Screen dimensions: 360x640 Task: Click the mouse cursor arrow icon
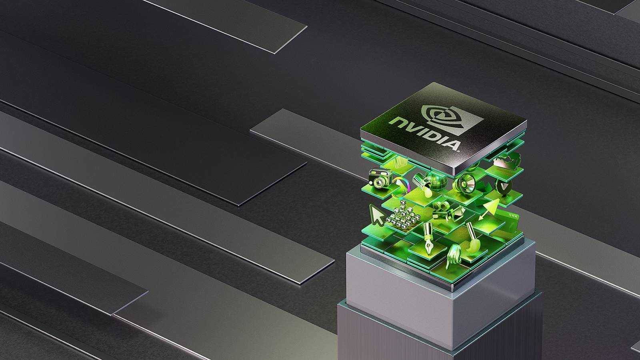[x=376, y=214]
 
